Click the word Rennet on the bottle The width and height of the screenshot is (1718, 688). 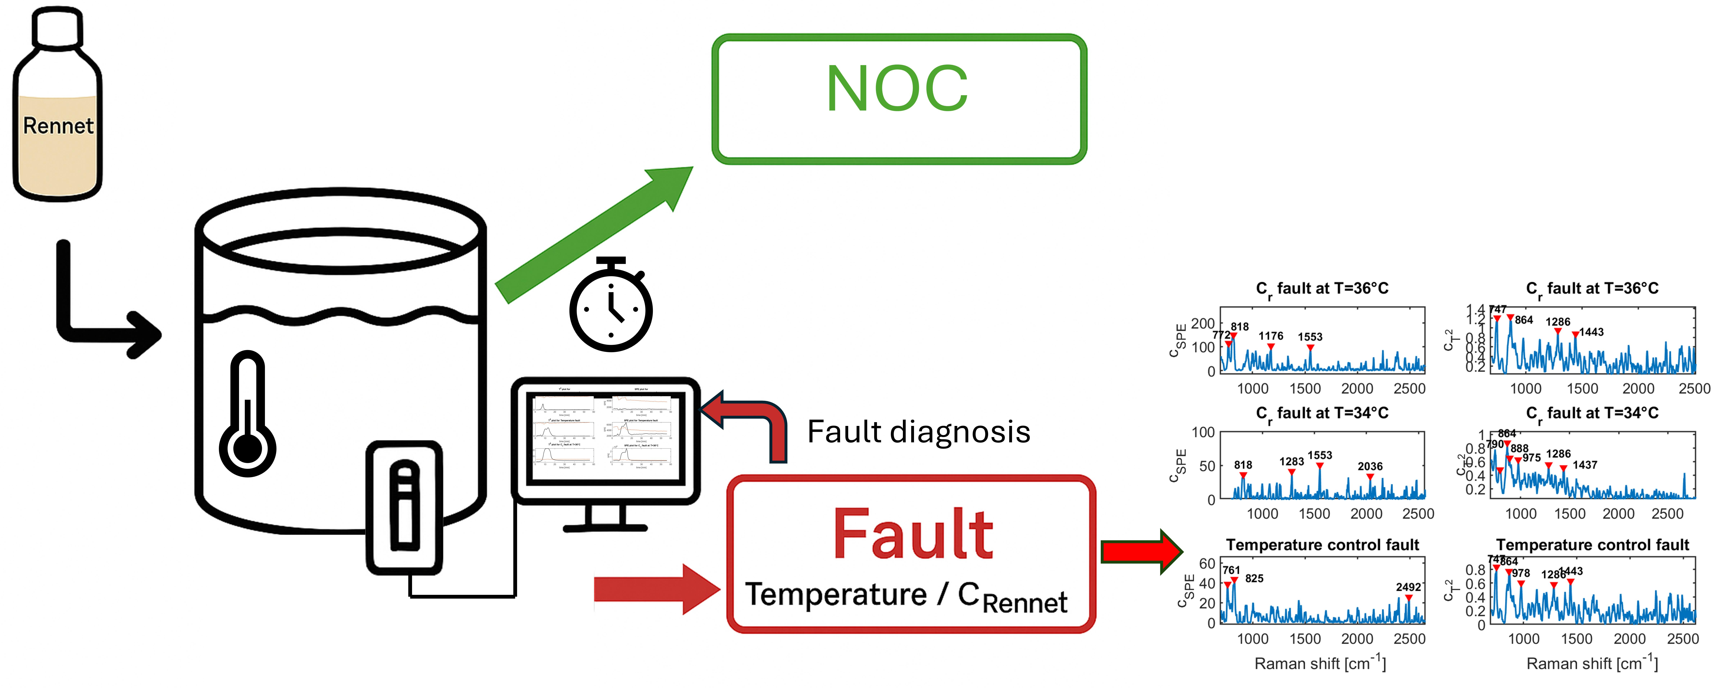[x=58, y=126]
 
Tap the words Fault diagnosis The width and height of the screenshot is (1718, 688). [x=918, y=432]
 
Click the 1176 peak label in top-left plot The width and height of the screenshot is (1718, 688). [x=1271, y=336]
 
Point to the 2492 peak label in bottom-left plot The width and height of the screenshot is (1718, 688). [x=1408, y=587]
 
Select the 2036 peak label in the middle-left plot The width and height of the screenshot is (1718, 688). [x=1370, y=466]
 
